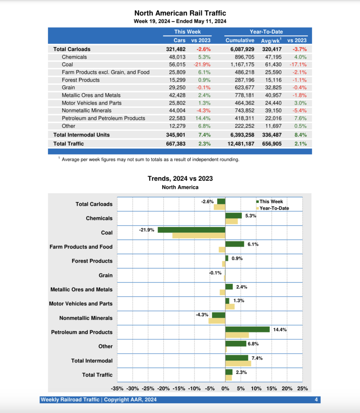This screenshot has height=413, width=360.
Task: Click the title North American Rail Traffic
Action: coord(180,13)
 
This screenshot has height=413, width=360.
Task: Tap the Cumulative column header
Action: coord(240,40)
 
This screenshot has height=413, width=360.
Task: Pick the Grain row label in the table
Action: coord(68,88)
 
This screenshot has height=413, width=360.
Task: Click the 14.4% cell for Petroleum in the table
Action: coord(203,118)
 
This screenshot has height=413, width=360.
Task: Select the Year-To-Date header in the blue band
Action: coord(266,32)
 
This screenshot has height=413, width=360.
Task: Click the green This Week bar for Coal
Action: coord(191,230)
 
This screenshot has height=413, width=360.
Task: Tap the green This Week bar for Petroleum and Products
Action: coord(247,330)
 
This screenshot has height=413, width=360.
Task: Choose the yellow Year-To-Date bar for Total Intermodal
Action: coord(238,363)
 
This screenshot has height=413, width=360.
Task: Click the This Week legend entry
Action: coord(271,202)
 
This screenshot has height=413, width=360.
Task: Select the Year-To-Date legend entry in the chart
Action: coord(274,208)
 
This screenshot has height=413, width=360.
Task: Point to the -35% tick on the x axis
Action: coord(117,389)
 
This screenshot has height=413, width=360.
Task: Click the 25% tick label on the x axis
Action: coord(302,389)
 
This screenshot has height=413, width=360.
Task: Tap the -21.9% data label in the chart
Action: coord(147,229)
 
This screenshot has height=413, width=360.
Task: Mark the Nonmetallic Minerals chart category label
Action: coord(86,318)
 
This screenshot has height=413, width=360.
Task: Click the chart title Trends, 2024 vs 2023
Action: coord(180,178)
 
